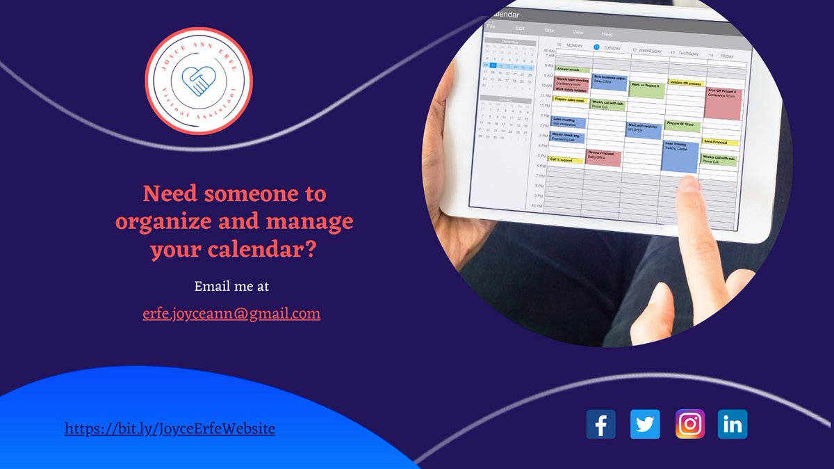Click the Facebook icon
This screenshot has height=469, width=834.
point(600,424)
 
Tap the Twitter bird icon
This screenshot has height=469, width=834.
point(645,424)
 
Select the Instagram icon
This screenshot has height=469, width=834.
point(689,424)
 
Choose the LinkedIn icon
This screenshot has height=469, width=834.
point(733,424)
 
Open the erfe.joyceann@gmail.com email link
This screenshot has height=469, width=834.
point(231,314)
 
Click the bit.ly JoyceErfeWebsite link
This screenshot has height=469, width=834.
point(170,429)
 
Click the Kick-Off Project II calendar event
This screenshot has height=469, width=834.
point(723,103)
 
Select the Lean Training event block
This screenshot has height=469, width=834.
point(679,157)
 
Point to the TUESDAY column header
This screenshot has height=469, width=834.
point(611,48)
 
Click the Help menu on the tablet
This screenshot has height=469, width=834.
point(607,33)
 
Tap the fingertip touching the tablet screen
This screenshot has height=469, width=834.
point(689,184)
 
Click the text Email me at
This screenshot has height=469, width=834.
point(231,286)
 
